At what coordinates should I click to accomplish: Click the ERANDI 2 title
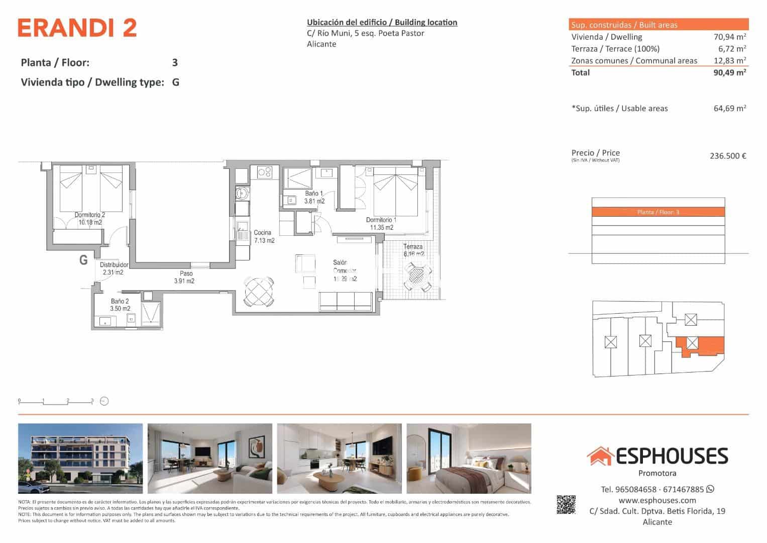pyautogui.click(x=77, y=28)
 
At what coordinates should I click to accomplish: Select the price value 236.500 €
pyautogui.click(x=727, y=156)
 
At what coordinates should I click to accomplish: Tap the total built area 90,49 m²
pyautogui.click(x=729, y=72)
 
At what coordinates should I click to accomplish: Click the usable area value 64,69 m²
pyautogui.click(x=729, y=108)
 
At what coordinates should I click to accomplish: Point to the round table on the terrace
pyautogui.click(x=416, y=276)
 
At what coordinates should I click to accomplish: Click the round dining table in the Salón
pyautogui.click(x=259, y=291)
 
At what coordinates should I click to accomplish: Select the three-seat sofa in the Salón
pyautogui.click(x=346, y=301)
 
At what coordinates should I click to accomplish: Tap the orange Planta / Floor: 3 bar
pyautogui.click(x=658, y=212)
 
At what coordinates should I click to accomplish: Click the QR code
pyautogui.click(x=566, y=504)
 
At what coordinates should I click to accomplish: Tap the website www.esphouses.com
pyautogui.click(x=657, y=500)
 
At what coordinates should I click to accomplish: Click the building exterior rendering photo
pyautogui.click(x=80, y=459)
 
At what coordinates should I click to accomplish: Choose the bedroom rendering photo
pyautogui.click(x=469, y=459)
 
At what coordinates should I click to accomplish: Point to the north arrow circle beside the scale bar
pyautogui.click(x=104, y=401)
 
